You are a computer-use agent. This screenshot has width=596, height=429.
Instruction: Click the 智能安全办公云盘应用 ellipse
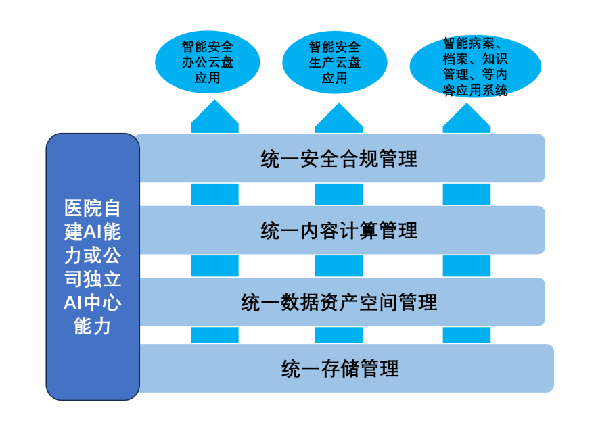click(208, 62)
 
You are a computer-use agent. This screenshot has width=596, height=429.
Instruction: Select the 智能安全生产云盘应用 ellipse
click(335, 62)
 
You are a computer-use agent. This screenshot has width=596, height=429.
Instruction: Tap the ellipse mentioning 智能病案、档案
click(475, 66)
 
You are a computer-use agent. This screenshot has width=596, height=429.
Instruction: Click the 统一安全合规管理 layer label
click(339, 158)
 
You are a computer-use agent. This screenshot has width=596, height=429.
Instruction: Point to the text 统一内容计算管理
click(339, 230)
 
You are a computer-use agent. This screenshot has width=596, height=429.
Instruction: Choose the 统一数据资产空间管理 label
click(339, 302)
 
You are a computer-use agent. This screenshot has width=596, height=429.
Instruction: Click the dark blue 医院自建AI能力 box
click(93, 267)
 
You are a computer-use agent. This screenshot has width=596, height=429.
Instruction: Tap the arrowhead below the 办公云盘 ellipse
click(214, 116)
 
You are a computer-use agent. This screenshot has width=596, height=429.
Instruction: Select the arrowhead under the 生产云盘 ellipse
click(339, 116)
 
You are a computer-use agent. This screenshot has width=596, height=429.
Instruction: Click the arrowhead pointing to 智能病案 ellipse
click(466, 116)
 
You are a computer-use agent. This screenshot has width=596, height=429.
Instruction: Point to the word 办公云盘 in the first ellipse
click(208, 63)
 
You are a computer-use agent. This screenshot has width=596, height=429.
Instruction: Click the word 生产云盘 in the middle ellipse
click(335, 63)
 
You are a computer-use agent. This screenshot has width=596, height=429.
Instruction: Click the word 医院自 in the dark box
click(93, 207)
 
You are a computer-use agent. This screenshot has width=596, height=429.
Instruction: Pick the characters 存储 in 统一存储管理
click(340, 368)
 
